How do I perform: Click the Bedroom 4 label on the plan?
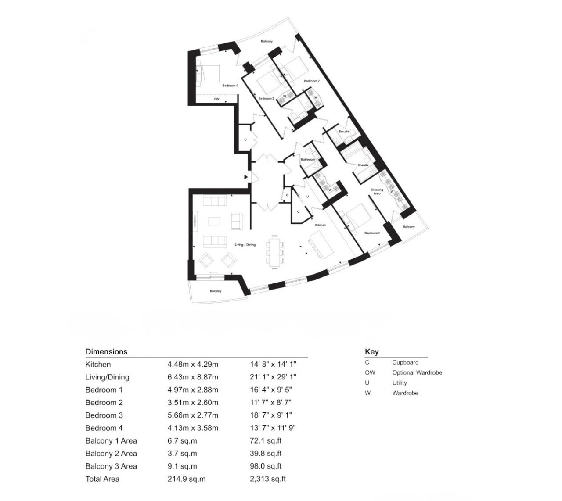point(230,86)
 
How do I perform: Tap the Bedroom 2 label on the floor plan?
point(311,81)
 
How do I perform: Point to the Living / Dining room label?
point(245,244)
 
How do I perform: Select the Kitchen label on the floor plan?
point(320,225)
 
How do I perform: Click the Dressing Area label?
point(377,191)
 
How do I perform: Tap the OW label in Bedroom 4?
point(216,99)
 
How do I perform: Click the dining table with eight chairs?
point(274,252)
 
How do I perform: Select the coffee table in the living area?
point(214,221)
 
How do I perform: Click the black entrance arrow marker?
point(246,177)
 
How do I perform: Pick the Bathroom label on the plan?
point(308,159)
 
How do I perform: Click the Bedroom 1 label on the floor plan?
point(372,233)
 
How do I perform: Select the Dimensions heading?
point(106,351)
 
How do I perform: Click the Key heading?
point(371,352)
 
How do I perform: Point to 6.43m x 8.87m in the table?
point(192,377)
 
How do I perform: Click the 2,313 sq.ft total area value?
point(268,479)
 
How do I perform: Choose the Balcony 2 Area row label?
point(111,453)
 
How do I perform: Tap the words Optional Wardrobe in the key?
point(417,372)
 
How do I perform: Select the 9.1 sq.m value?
point(182,466)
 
